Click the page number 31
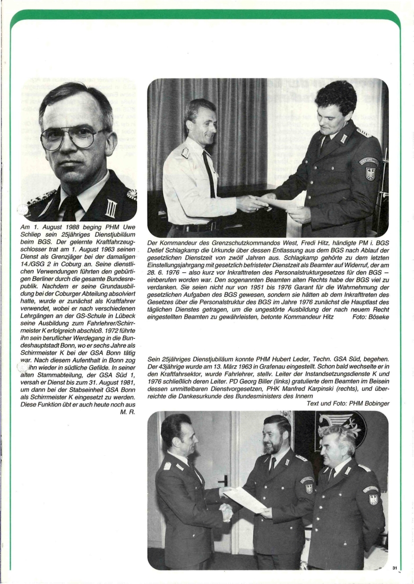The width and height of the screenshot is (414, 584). point(395,568)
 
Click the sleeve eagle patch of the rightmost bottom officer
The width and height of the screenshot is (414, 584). point(373,499)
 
